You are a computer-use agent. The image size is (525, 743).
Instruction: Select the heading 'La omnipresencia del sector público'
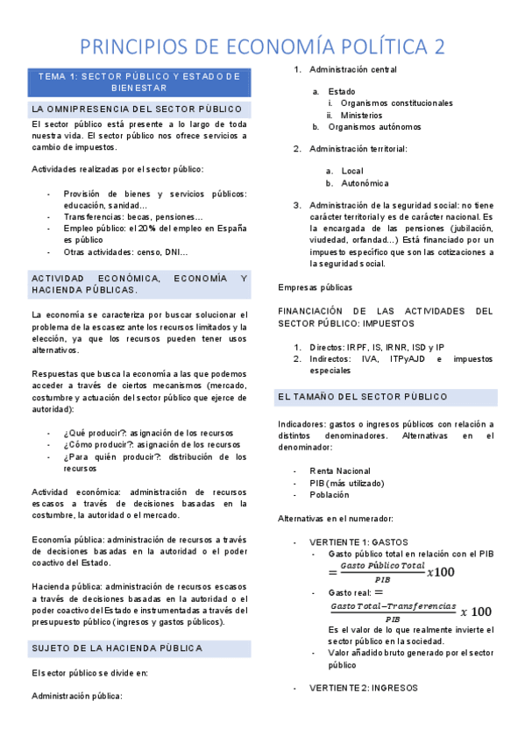137,110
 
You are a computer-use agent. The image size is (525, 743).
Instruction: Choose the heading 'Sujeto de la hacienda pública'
117,647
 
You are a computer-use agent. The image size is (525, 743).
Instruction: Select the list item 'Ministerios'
361,115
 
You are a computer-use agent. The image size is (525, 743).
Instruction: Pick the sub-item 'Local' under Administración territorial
352,171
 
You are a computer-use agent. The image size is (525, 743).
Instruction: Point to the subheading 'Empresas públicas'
315,287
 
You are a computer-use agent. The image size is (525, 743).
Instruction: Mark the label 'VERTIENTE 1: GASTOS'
358,542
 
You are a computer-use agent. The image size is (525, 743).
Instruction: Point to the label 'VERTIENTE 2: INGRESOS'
364,688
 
